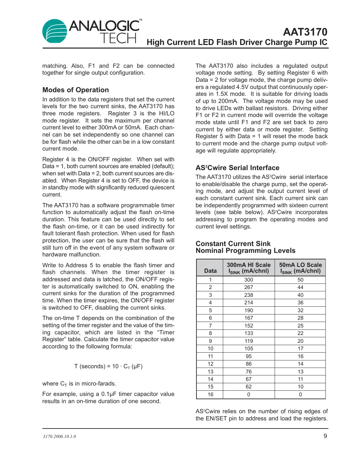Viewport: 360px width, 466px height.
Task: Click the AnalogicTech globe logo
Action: pos(55,32)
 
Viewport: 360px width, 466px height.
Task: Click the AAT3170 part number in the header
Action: pos(305,32)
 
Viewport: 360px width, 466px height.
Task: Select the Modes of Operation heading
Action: pos(76,90)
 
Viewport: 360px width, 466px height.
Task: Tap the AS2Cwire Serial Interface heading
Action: pos(237,168)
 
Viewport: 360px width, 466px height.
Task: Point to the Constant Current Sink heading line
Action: pos(233,244)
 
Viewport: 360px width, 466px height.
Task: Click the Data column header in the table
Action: pos(210,271)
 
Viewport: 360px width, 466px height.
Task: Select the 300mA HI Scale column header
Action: pos(249,268)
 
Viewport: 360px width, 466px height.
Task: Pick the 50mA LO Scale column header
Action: pos(300,268)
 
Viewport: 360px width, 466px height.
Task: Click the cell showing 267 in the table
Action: pos(249,287)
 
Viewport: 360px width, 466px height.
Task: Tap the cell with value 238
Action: pos(249,295)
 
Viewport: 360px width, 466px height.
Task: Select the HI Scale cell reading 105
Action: pos(249,349)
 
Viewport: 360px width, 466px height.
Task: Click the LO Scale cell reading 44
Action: pos(300,287)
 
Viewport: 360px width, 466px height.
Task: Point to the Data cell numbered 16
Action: pos(210,395)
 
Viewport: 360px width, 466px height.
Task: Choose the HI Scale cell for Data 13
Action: pos(249,371)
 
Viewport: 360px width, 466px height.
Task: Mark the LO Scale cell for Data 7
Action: pos(300,326)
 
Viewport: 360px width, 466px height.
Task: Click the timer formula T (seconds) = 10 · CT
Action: pos(108,366)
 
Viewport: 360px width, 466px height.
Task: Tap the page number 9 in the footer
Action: pos(325,436)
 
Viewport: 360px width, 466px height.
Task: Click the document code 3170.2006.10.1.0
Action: pos(59,436)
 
